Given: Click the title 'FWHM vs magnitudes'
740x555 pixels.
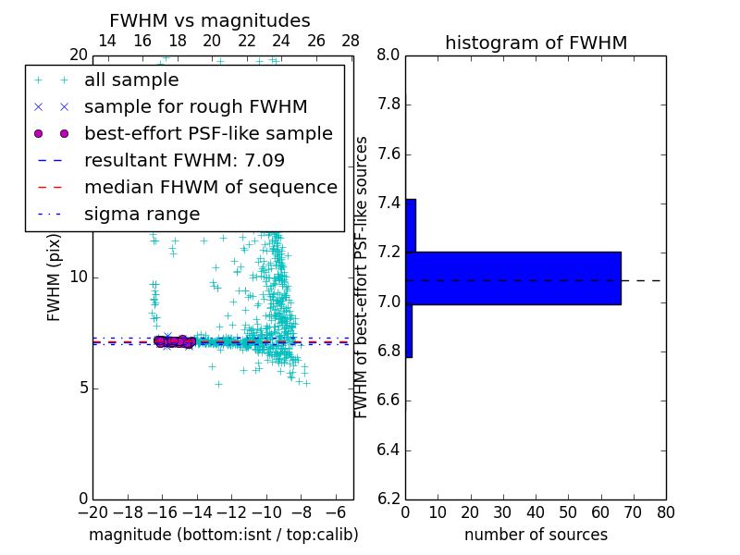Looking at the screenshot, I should (209, 20).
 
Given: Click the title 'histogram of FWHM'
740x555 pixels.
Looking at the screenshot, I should (536, 43).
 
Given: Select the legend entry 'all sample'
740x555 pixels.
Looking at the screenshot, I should (131, 80).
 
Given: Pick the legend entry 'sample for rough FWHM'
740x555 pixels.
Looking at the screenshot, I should (195, 106).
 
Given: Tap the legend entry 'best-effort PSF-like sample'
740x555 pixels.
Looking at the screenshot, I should (208, 133).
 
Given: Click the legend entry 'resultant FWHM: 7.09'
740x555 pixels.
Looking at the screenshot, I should (184, 160).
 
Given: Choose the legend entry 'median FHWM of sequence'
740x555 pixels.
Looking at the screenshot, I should (210, 187).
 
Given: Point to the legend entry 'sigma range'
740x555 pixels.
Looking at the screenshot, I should (142, 214).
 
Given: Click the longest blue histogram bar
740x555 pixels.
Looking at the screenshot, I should (513, 277).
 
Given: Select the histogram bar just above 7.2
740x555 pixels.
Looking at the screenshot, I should (411, 225).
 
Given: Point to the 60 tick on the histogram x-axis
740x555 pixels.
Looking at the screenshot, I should (600, 511).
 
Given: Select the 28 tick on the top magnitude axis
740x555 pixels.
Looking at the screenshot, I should (351, 41).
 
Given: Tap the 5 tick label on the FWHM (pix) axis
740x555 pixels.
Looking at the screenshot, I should (81, 388).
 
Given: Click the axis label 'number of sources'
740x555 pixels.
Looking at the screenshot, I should (536, 535).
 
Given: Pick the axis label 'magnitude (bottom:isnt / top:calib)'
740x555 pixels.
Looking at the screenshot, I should (223, 535).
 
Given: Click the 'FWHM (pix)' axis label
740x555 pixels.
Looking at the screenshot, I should (55, 277).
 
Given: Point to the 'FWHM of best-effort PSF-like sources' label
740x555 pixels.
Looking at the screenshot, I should (362, 277).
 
